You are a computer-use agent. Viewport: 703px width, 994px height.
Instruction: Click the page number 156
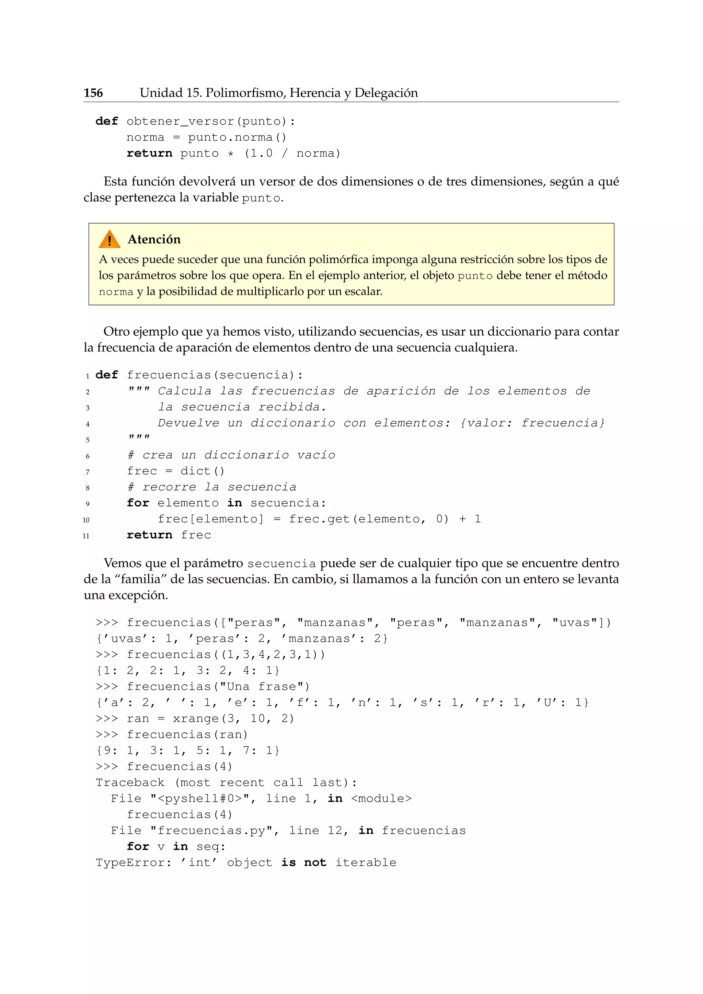point(93,93)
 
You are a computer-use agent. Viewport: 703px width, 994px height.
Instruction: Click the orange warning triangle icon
point(109,240)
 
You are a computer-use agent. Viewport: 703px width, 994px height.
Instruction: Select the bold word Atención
point(154,240)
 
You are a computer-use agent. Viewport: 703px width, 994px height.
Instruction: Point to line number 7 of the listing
point(88,472)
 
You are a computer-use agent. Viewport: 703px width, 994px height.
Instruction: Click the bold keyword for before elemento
point(138,503)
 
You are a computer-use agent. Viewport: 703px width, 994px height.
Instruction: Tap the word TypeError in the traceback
point(130,863)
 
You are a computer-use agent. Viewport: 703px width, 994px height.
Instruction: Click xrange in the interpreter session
point(196,719)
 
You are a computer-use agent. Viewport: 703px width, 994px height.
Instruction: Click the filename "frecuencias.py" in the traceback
point(214,830)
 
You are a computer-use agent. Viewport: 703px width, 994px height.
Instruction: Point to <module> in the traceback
point(381,798)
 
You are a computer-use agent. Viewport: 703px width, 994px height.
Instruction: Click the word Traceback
point(130,783)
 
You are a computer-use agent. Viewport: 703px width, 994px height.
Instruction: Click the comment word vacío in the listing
point(316,455)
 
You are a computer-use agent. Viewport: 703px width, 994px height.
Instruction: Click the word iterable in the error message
point(366,863)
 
